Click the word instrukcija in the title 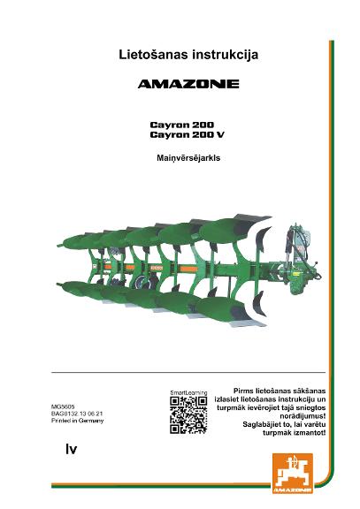(226, 55)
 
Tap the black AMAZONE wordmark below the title (188, 84)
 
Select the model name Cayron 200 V (188, 134)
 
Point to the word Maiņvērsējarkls (188, 158)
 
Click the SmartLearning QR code (188, 415)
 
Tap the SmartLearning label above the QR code (188, 392)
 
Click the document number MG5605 (63, 406)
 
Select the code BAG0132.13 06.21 (77, 414)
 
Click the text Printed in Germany (77, 421)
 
